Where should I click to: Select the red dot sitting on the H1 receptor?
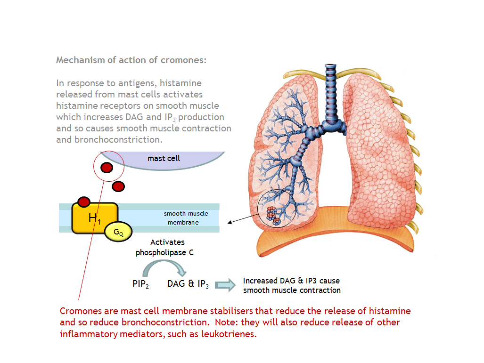(84, 202)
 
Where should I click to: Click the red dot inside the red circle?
(107, 168)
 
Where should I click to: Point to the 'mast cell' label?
(164, 158)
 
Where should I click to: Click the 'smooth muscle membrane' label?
(186, 218)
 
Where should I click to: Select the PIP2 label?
(140, 284)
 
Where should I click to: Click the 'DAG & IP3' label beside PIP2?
(188, 284)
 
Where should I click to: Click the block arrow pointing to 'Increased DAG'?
(225, 285)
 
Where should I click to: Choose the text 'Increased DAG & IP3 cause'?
(291, 281)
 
